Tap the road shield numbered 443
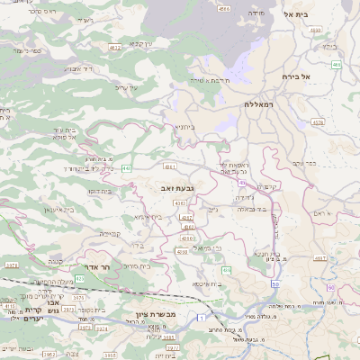(127, 167)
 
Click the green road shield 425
(79, 279)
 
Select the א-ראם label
(324, 213)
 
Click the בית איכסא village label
(207, 283)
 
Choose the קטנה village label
(53, 262)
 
